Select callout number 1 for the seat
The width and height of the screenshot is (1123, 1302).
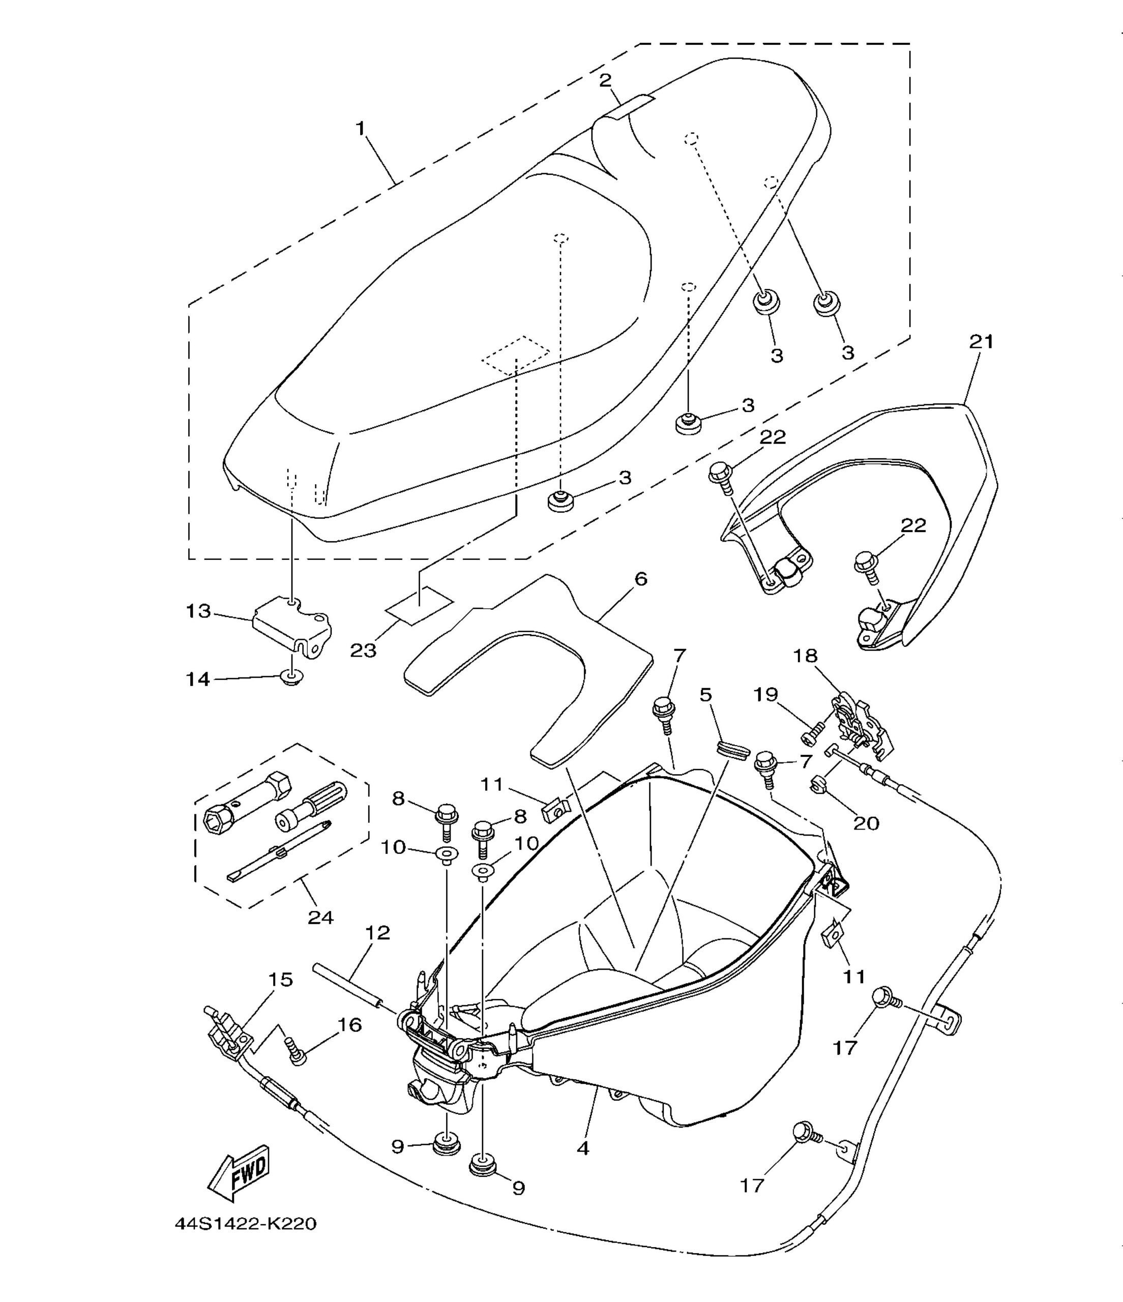tap(360, 128)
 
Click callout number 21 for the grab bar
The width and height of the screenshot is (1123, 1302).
tap(981, 342)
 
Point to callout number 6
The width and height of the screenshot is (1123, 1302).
tap(640, 579)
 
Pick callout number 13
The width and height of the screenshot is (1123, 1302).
tap(198, 610)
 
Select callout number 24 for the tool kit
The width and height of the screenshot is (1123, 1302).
tap(320, 918)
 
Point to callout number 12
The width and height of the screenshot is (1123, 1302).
tap(377, 951)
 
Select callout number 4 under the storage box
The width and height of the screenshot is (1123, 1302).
tap(582, 1148)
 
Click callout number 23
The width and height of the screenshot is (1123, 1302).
tap(363, 650)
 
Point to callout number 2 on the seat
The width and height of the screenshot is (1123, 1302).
tap(605, 80)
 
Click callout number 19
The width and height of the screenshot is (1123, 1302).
tap(766, 694)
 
